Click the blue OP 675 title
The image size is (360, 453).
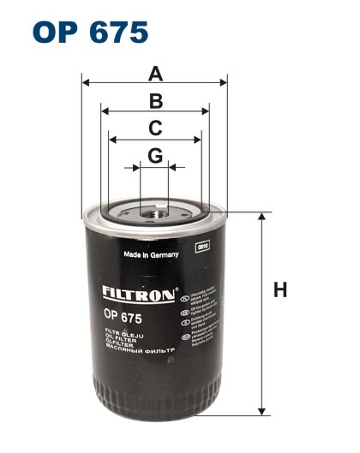[90, 32]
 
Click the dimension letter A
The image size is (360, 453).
[155, 73]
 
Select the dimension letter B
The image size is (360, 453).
[155, 101]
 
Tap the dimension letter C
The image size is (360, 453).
[155, 128]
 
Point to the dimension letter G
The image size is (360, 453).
[155, 156]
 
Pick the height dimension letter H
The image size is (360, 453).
[279, 290]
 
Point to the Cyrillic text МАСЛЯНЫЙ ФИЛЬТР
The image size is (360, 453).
[139, 351]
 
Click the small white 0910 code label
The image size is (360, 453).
[203, 247]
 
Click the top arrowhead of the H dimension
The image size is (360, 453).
[261, 216]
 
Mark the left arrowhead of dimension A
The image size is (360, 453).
[86, 83]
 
